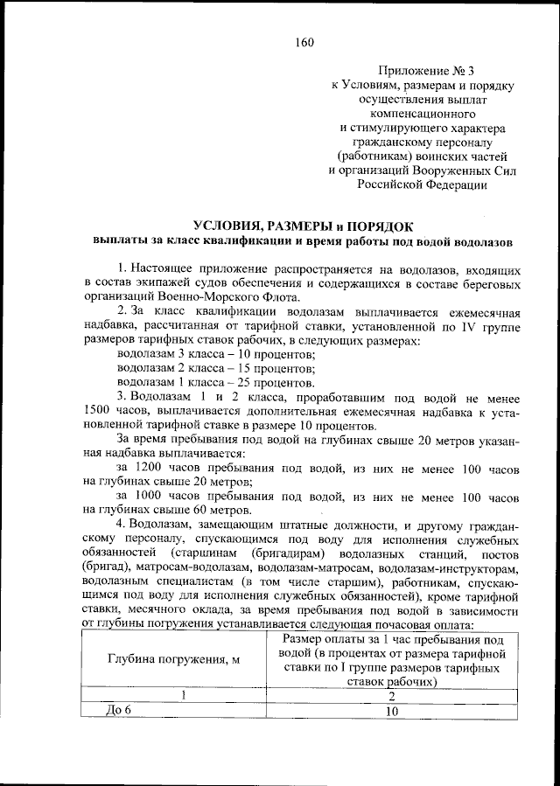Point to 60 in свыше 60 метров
click(197, 511)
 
